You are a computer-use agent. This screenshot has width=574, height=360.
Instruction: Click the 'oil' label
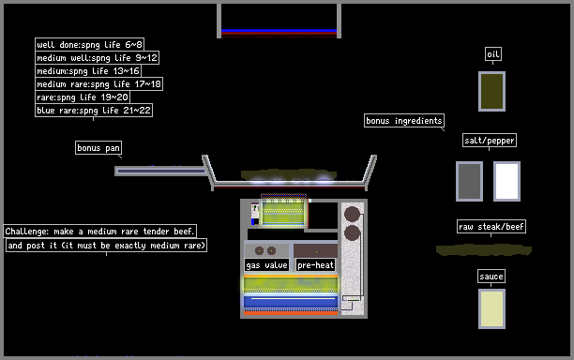click(493, 54)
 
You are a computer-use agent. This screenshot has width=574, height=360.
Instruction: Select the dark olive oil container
click(492, 91)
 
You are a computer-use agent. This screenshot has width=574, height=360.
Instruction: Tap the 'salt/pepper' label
click(490, 140)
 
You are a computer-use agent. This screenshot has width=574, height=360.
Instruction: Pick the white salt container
click(507, 181)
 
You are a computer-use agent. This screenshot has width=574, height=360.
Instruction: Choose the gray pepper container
click(469, 181)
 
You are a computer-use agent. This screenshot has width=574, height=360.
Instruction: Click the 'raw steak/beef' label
click(491, 227)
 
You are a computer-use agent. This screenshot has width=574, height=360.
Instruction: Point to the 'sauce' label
click(491, 277)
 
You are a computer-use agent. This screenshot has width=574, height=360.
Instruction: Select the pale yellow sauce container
click(492, 308)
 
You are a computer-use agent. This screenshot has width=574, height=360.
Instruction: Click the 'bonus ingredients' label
click(404, 120)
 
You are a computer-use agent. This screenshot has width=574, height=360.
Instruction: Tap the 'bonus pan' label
click(98, 147)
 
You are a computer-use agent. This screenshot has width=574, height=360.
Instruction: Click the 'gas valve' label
click(266, 265)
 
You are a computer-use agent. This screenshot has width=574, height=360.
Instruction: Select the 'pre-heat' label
click(315, 265)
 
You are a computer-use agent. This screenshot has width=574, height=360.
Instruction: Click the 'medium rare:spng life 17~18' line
click(98, 83)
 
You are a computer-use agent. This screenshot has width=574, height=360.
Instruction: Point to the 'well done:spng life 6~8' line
click(89, 44)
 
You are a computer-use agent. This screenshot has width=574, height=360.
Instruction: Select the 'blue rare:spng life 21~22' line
click(94, 110)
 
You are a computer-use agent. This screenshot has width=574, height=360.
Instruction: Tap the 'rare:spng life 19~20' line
click(83, 97)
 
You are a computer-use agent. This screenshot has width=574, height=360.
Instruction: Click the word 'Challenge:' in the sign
click(26, 232)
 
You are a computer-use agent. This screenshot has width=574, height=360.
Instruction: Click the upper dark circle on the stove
click(352, 214)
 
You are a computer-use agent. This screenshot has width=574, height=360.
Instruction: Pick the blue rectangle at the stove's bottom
click(291, 302)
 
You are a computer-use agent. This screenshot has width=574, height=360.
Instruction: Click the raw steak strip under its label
click(484, 250)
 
